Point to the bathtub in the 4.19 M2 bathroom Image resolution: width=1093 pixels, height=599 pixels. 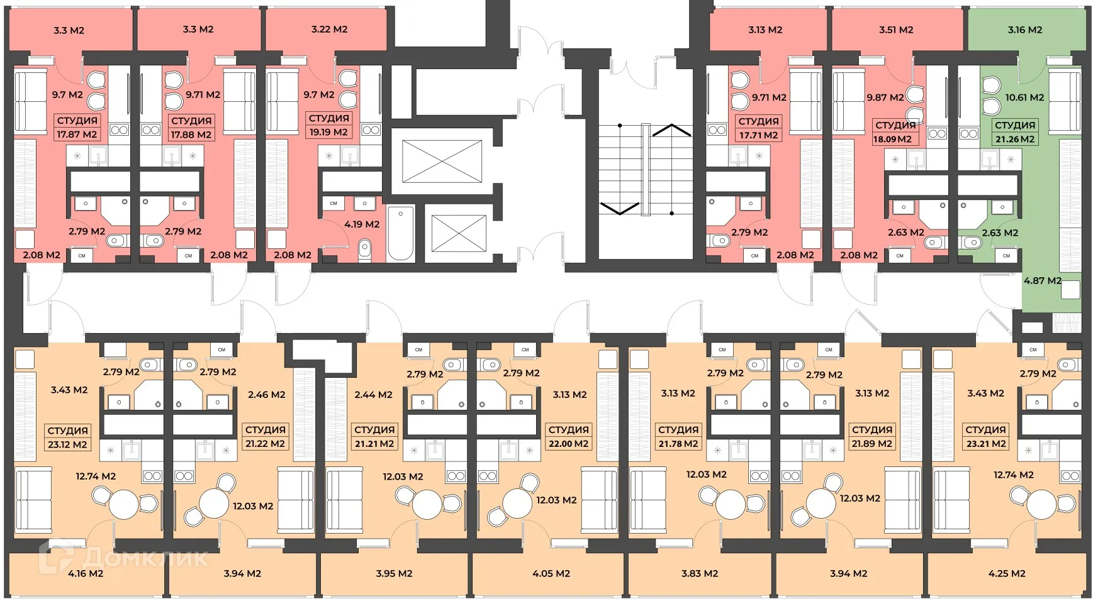(400, 233)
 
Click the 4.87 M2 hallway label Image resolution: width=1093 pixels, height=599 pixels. (1042, 281)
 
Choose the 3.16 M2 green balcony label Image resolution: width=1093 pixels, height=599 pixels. (1024, 30)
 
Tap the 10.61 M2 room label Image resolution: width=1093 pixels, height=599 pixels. (1024, 97)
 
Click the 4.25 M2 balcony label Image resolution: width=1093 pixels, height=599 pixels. (1007, 573)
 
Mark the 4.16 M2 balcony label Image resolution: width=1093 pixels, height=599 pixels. (86, 573)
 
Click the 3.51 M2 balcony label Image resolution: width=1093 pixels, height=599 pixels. (896, 30)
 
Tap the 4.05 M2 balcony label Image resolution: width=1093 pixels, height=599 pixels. (551, 573)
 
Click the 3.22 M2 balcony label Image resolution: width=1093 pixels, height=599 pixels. (329, 29)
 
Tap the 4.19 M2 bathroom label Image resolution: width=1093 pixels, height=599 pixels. (362, 224)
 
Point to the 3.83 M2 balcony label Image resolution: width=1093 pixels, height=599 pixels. (700, 573)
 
